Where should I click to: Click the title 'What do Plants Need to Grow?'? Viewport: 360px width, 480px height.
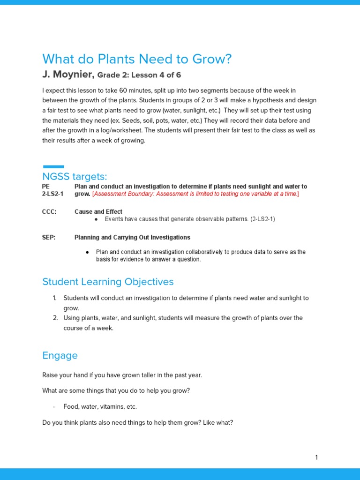tap(137, 60)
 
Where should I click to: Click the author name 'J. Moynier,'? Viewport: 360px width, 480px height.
tap(68, 75)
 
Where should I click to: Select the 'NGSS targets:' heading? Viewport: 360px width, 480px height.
tap(75, 176)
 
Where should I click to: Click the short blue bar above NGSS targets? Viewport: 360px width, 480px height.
tap(53, 166)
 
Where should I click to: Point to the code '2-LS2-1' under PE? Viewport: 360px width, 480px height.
tap(52, 194)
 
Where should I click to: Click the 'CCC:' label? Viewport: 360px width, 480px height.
tap(49, 212)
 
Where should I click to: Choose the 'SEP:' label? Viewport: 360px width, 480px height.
tap(49, 238)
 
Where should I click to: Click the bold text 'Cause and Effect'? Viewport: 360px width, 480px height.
tap(98, 212)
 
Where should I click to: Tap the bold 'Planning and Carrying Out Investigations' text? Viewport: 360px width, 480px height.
tap(132, 238)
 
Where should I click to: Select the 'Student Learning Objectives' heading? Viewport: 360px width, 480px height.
tap(108, 282)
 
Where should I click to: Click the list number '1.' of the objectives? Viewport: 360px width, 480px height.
tap(54, 298)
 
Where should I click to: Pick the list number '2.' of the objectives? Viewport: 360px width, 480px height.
tap(54, 318)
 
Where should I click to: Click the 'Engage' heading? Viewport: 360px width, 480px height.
tap(60, 355)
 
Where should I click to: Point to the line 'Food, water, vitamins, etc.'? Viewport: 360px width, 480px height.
tap(100, 407)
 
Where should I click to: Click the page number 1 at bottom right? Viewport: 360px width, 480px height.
tap(316, 457)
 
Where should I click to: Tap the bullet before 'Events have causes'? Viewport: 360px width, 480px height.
tap(96, 219)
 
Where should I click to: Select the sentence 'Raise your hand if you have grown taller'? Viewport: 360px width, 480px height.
tap(122, 375)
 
